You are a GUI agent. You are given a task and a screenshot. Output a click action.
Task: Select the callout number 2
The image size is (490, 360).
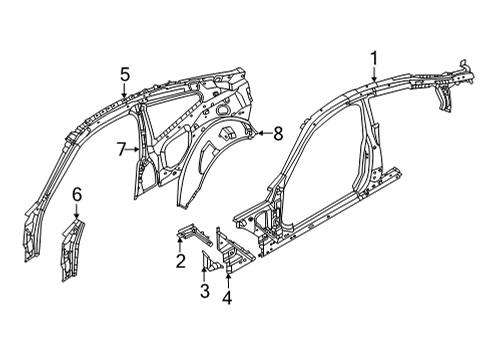click(179, 262)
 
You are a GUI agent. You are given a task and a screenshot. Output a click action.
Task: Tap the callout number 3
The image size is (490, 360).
click(205, 290)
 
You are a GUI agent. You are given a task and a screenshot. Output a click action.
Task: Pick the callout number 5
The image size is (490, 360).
click(125, 73)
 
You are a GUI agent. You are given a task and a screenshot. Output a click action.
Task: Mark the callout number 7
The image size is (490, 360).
click(121, 150)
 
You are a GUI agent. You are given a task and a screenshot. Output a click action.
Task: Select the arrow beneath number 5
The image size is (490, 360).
click(125, 91)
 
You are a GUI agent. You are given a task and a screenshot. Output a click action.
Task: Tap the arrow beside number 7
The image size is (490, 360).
click(134, 150)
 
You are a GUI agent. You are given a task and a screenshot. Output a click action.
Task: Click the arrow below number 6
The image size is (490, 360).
click(77, 211)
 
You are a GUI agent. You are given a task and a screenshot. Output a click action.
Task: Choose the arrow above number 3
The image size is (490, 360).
click(205, 272)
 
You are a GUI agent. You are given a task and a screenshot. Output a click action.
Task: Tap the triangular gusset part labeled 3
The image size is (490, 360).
click(210, 261)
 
